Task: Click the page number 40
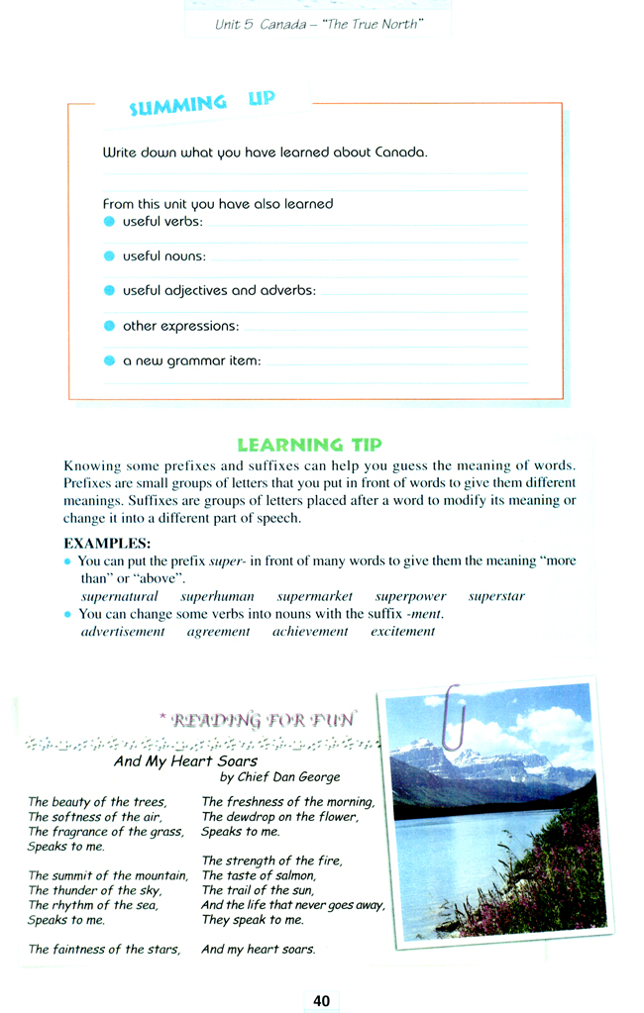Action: (321, 1001)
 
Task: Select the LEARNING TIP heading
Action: (309, 445)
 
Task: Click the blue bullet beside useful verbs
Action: (109, 221)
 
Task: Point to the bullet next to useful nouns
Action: (109, 255)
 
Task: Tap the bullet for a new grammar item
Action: (109, 360)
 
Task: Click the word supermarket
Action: (314, 597)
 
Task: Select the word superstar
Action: (496, 597)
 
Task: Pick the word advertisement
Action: (123, 632)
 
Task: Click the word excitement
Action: (402, 632)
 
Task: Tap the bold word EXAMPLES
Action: (107, 543)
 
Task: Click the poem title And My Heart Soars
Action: (185, 761)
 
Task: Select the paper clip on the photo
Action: (455, 715)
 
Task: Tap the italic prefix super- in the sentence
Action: (228, 561)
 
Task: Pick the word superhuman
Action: (217, 597)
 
